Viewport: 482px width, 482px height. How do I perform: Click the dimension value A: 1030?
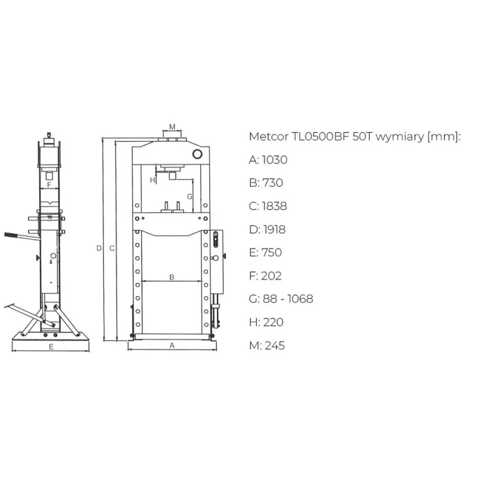point(268,160)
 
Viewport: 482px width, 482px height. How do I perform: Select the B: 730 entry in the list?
point(266,182)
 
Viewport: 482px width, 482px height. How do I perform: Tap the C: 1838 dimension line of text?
point(268,206)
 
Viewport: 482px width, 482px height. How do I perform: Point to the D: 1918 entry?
point(267,229)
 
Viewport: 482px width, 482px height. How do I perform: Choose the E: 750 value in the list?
point(265,253)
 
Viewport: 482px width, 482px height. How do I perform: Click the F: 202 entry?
point(265,275)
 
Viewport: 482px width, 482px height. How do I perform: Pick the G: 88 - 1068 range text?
point(281,299)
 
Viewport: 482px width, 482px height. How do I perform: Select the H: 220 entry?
point(266,322)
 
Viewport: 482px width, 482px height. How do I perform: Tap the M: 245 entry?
point(267,346)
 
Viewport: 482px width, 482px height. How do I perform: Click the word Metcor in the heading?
point(269,136)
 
